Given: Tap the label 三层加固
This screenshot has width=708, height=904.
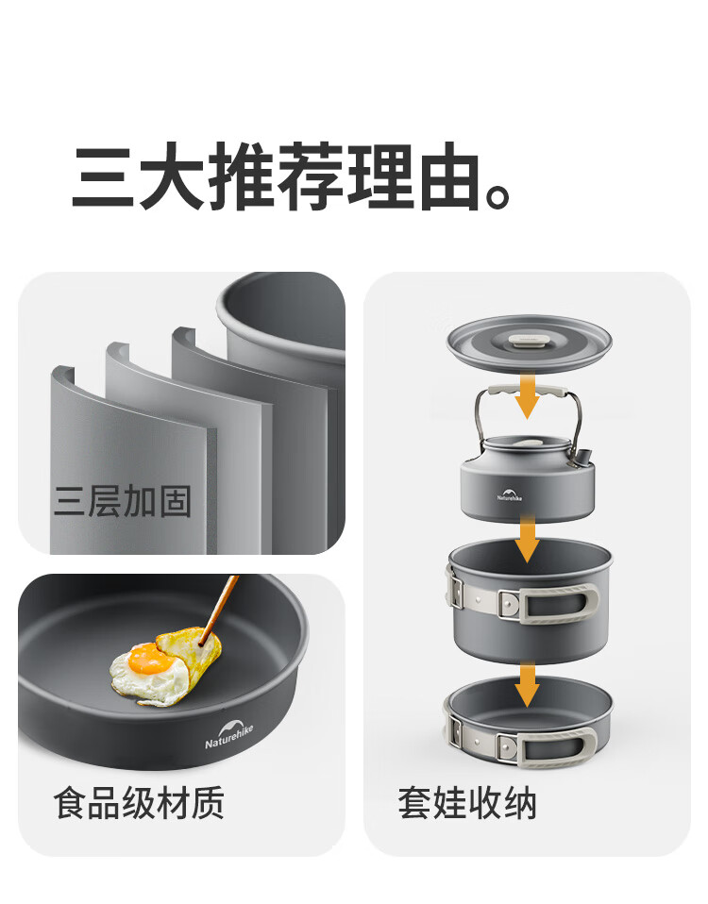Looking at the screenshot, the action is [122, 500].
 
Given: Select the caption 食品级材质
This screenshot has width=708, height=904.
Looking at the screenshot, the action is [139, 802].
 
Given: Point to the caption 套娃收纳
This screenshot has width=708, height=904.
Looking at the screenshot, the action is [467, 802].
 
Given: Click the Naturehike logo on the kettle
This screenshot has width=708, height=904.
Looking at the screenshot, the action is [510, 494].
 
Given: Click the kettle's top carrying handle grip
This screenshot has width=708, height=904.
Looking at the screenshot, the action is [526, 391].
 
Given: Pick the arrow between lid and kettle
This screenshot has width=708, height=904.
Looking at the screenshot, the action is [527, 395].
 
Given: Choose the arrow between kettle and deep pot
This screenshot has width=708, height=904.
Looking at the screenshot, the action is [527, 539].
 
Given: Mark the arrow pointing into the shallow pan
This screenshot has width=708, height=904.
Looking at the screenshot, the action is [527, 684].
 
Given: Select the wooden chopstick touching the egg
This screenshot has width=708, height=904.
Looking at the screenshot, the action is [218, 609].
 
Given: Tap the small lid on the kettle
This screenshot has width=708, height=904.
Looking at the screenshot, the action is [526, 444].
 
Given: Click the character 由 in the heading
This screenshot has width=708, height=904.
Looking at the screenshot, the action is [449, 176].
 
